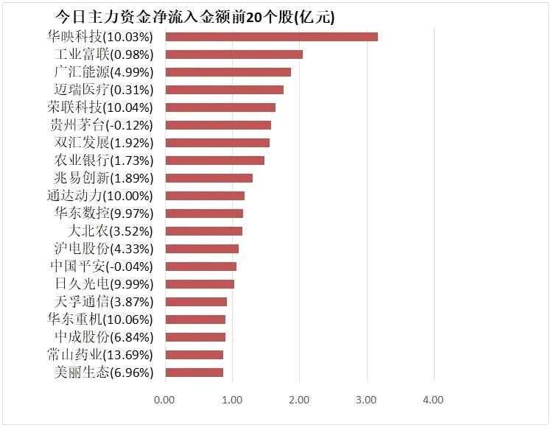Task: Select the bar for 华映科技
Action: [x=271, y=37]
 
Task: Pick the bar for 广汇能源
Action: [x=228, y=72]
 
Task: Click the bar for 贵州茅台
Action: [x=218, y=125]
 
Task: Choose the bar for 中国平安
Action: [x=200, y=267]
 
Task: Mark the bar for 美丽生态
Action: [x=194, y=373]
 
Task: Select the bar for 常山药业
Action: [x=194, y=355]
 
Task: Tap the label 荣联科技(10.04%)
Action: [x=100, y=107]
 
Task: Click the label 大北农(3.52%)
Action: [x=114, y=231]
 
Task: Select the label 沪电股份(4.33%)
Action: [x=104, y=249]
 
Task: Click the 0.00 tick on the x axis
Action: [x=164, y=400]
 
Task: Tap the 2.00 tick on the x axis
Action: [x=299, y=400]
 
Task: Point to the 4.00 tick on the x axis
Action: [x=433, y=400]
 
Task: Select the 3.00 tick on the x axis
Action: [x=366, y=400]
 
